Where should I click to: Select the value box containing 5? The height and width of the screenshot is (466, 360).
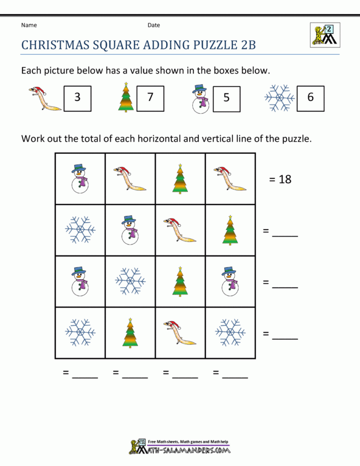(x=226, y=99)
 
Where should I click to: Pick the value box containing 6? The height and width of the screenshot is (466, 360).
(x=310, y=98)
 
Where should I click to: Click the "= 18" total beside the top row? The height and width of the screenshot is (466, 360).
(x=280, y=179)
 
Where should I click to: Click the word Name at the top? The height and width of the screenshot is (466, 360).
(x=29, y=25)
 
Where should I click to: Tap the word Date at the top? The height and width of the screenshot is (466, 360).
(x=154, y=25)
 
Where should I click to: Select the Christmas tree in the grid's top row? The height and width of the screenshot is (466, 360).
(x=180, y=178)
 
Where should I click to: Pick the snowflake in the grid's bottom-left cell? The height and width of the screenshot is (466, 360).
(x=80, y=332)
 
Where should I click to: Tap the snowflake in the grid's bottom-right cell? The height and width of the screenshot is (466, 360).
(x=230, y=332)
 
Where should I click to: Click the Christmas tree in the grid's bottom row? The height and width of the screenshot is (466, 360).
(x=130, y=332)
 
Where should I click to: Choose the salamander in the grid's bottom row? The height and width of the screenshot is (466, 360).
(x=180, y=332)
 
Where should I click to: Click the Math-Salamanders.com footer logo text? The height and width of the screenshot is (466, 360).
(x=187, y=450)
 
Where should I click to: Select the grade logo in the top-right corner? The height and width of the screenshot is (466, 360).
(x=325, y=34)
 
